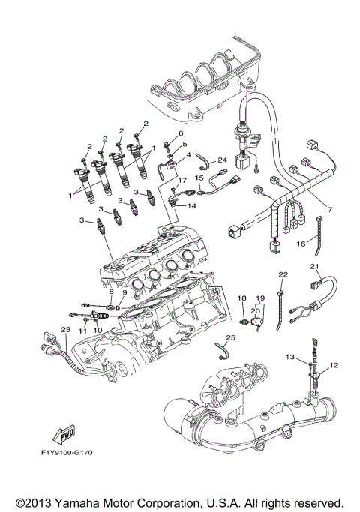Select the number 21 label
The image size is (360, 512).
click(x=315, y=266)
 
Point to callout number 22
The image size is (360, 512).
click(x=283, y=275)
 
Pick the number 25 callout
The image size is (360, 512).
click(x=231, y=338)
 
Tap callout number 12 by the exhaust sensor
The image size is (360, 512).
click(x=334, y=364)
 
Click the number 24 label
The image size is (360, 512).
click(x=222, y=160)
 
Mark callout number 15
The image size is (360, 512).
click(x=199, y=178)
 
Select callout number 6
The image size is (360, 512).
click(x=180, y=133)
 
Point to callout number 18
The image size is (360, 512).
click(x=241, y=298)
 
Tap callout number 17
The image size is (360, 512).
click(x=181, y=181)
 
